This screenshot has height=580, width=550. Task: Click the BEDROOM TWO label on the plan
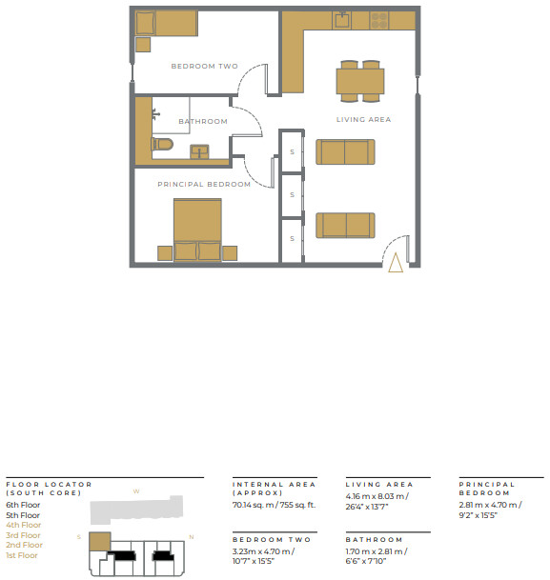pos(204,66)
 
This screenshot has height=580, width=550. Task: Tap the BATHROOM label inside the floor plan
pos(202,121)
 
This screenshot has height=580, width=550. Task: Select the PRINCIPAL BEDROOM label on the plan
pos(204,184)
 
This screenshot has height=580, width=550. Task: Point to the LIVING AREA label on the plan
pos(363,119)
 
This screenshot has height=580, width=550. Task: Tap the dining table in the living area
pos(359,82)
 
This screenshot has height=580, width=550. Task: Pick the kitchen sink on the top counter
pos(340,20)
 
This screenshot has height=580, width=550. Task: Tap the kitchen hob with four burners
pos(378,19)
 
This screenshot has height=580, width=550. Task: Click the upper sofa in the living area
pos(345,151)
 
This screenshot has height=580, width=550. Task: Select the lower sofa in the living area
pos(345,224)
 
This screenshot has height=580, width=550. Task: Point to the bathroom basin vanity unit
pos(201,150)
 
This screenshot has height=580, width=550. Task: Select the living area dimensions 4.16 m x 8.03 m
pos(377,496)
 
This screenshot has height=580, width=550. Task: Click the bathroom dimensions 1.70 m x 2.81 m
pos(377,550)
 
